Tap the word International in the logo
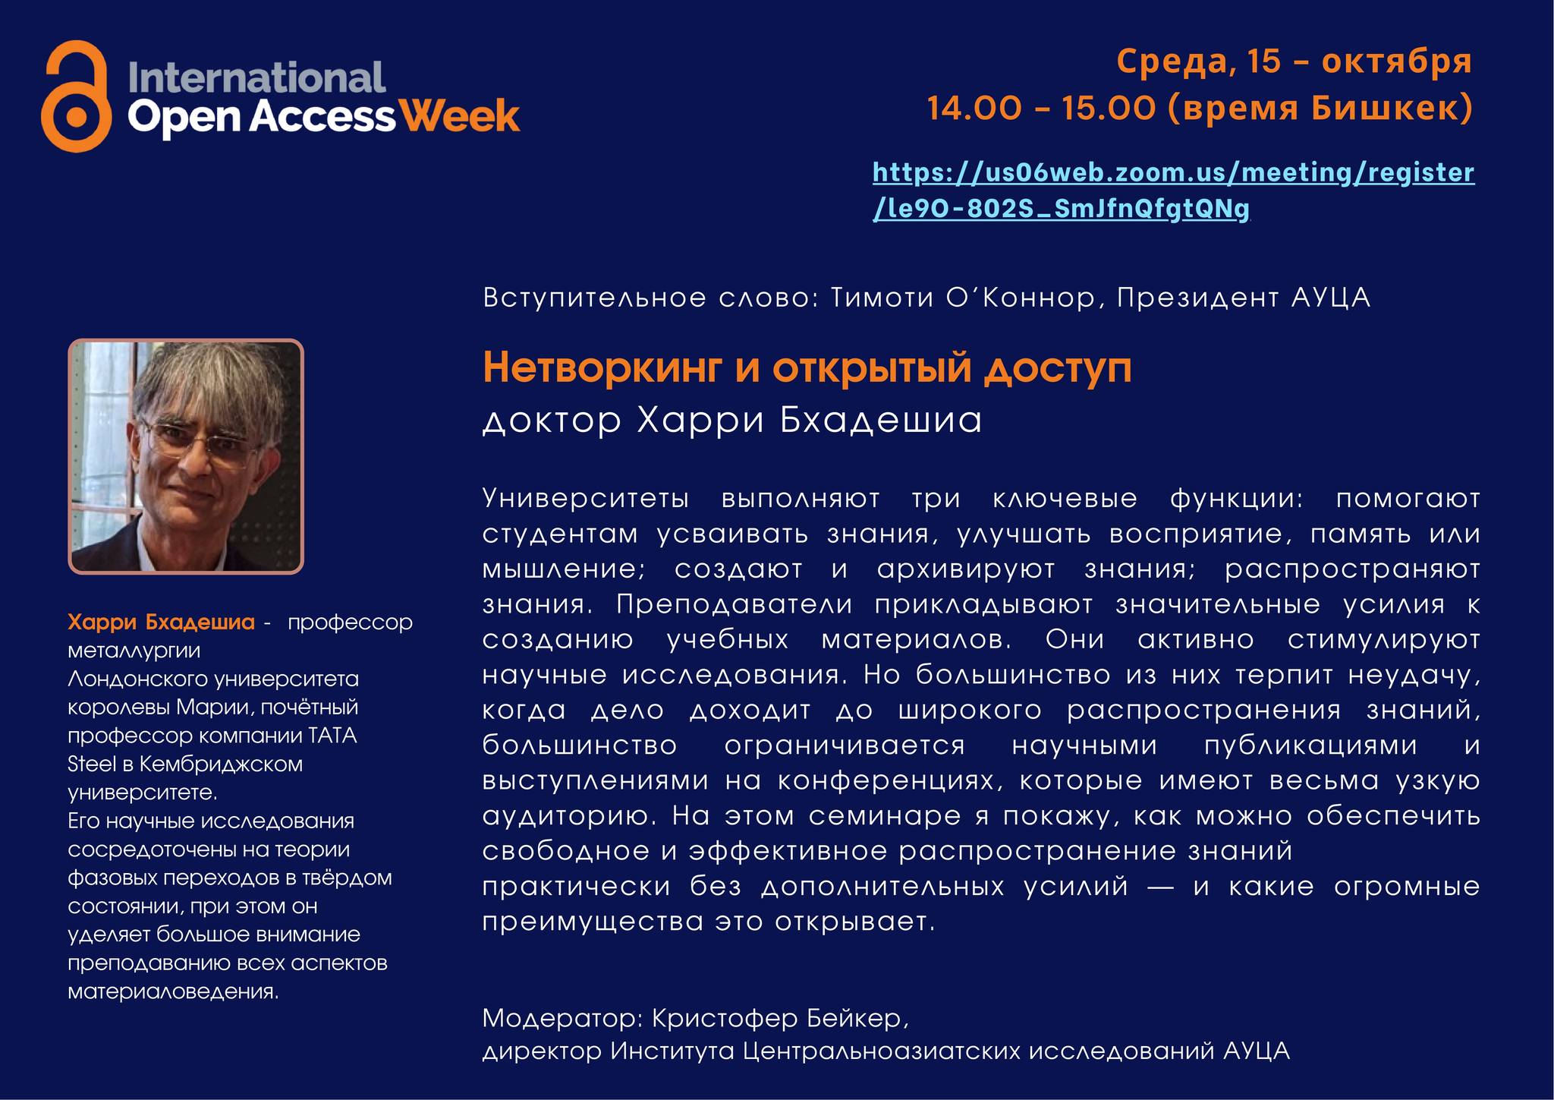[257, 78]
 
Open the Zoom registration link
[1173, 190]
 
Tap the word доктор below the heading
[552, 421]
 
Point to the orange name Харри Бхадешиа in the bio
[161, 623]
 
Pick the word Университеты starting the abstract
[586, 500]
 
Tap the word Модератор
[562, 1018]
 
